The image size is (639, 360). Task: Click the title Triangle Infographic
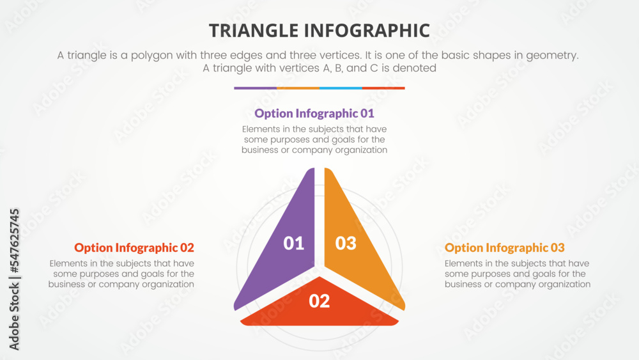coord(319,30)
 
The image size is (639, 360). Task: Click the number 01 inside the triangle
coord(294,243)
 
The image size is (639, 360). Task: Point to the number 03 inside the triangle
coord(346,243)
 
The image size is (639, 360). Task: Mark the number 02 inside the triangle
coord(319,301)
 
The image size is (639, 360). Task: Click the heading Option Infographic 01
coord(314,114)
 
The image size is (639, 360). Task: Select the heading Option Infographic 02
coord(134,247)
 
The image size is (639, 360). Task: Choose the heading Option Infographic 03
coord(505,247)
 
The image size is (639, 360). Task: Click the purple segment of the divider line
coord(255,88)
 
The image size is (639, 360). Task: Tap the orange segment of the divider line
coord(298,88)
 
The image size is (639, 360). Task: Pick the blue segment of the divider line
coord(341,88)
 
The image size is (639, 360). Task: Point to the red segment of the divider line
coord(383,88)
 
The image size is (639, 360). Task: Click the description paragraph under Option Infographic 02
coord(121,274)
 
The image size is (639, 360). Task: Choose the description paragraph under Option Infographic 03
coord(518,274)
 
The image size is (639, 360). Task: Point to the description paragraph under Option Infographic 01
coord(314,139)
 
